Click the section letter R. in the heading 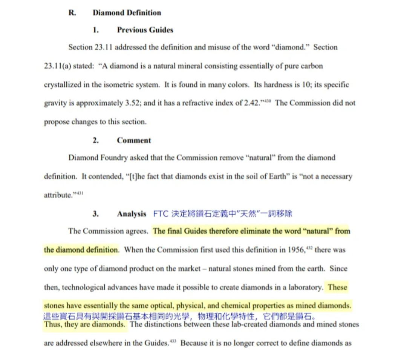coord(72,13)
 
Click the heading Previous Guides coord(145,30)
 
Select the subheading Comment coord(134,141)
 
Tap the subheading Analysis coord(132,214)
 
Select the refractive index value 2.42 coord(252,103)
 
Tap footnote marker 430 coord(268,101)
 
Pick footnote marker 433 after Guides coord(173,342)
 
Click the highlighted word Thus coord(53,325)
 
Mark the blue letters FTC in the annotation coord(160,214)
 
